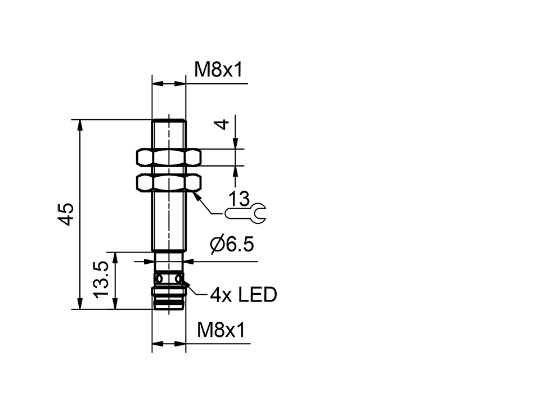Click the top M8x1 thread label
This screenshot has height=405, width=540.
tap(218, 70)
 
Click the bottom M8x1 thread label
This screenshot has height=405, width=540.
tap(221, 330)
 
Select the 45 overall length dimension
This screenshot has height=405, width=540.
tap(66, 214)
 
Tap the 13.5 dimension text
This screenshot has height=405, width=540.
tap(101, 280)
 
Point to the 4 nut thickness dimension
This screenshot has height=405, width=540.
tap(224, 123)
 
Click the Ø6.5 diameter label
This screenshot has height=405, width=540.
tap(232, 245)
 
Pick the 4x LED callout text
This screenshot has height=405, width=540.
tap(244, 294)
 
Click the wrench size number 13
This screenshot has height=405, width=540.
tap(238, 199)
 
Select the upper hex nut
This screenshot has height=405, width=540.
tap(169, 157)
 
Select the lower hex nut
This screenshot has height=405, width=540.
tap(169, 182)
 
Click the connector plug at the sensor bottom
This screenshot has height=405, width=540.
tap(169, 298)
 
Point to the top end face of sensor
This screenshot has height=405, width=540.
tap(169, 120)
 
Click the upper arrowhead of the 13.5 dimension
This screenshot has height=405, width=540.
tap(115, 257)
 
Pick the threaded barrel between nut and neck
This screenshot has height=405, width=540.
tap(169, 222)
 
